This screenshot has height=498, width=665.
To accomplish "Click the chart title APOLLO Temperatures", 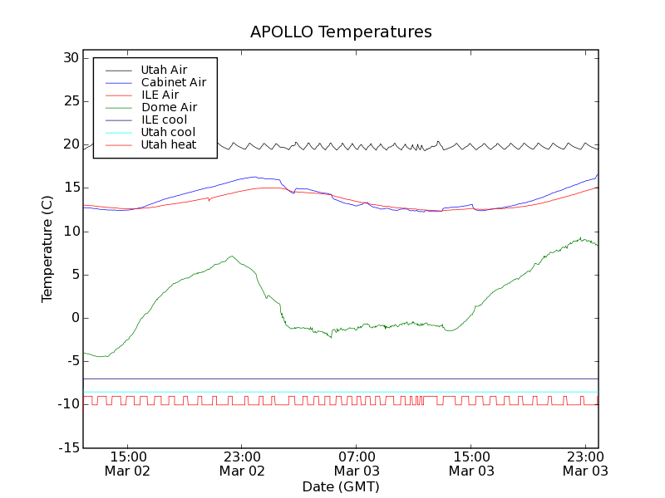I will [341, 32].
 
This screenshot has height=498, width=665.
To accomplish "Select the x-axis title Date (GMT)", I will [341, 486].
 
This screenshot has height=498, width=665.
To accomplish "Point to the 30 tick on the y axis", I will [69, 58].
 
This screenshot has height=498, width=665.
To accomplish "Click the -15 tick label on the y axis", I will [67, 448].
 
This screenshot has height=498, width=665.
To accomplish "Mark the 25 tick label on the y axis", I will [69, 101].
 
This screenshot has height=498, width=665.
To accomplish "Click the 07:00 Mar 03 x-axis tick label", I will [357, 463].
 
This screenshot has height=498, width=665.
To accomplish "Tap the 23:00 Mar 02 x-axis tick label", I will [242, 463].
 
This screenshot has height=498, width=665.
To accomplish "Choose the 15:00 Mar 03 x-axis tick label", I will [471, 463].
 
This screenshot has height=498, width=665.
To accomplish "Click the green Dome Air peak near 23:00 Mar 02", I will [232, 256].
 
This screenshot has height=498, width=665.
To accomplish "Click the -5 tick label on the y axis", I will [71, 361].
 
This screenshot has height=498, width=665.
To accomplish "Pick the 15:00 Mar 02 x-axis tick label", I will [127, 463].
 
